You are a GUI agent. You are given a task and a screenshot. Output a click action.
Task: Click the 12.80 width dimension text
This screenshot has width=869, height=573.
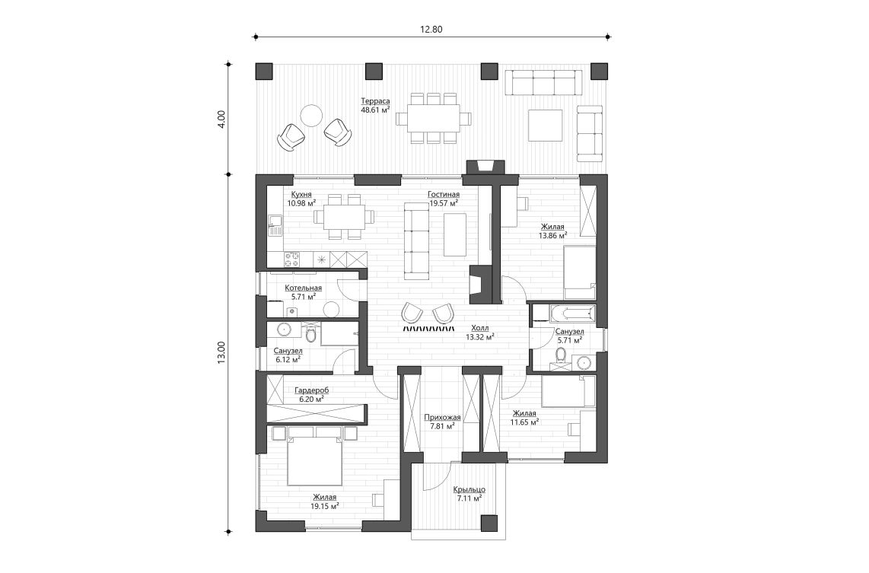(431, 30)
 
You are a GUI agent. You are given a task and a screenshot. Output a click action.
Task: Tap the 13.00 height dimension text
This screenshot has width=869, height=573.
(221, 352)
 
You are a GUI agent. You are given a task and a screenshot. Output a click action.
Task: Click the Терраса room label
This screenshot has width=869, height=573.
(375, 101)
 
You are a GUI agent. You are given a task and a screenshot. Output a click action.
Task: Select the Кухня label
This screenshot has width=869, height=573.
(299, 195)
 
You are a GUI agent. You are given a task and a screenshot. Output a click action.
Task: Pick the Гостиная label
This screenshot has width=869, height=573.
(443, 195)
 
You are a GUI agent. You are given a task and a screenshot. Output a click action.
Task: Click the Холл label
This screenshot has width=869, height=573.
(480, 327)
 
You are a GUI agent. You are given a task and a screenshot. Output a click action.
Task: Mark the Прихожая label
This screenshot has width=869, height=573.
(441, 417)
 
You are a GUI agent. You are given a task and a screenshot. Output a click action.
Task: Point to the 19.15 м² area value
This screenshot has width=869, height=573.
(324, 505)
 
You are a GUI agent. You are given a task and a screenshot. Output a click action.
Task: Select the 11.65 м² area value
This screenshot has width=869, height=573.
(524, 421)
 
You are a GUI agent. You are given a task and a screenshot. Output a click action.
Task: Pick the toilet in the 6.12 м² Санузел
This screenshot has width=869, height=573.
(310, 334)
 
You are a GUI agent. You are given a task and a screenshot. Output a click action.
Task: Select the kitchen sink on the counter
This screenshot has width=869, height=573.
(275, 224)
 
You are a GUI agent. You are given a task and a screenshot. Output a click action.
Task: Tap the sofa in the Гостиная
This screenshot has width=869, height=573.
(416, 238)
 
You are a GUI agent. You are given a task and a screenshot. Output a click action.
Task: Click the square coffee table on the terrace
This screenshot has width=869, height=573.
(545, 124)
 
